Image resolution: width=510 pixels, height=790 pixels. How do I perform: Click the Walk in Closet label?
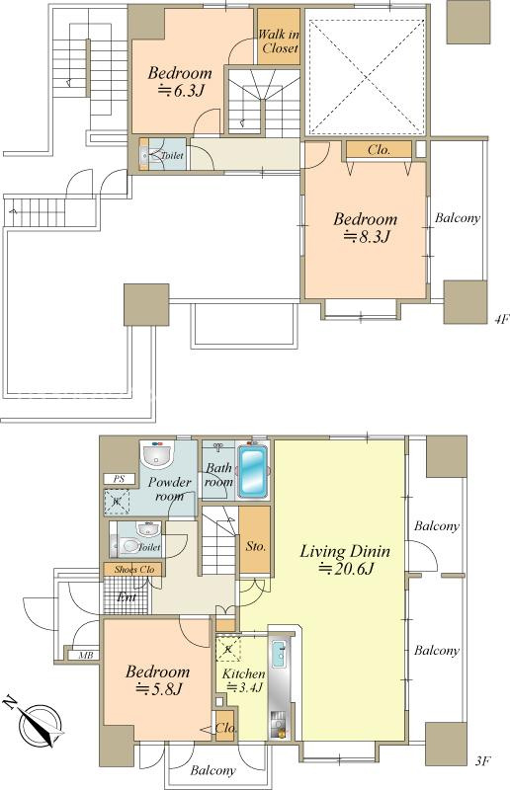click(279, 41)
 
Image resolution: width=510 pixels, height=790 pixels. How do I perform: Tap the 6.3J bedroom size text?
click(181, 90)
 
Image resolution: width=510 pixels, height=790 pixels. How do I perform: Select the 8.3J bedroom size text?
click(366, 236)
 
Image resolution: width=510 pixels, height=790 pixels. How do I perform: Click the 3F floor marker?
click(482, 760)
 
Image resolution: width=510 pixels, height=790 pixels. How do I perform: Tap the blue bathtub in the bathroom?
click(252, 471)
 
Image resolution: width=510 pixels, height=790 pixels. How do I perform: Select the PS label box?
click(119, 479)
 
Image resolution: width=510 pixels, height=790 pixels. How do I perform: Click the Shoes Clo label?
click(133, 570)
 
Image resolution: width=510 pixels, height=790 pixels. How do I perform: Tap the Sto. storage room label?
click(255, 546)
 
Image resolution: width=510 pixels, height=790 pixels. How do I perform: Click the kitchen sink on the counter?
click(279, 654)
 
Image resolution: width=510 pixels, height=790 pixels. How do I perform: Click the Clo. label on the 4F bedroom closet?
click(379, 150)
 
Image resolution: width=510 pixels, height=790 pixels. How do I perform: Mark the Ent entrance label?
click(127, 597)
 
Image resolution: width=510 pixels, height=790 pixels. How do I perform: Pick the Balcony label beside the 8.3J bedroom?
click(458, 218)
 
